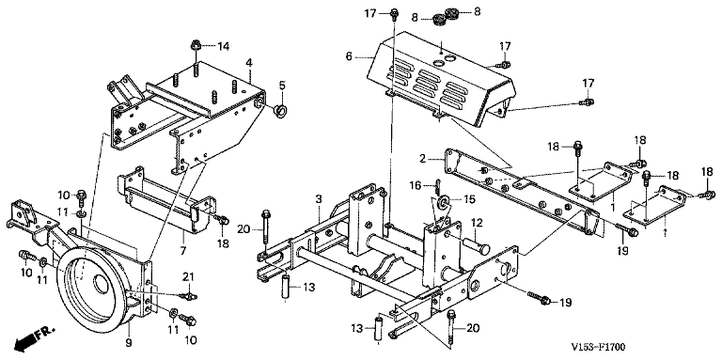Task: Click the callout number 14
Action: point(224,46)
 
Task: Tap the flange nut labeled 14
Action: point(196,45)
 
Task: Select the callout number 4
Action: point(248,62)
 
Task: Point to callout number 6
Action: point(349,56)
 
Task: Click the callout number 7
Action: point(182,251)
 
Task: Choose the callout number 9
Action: point(130,342)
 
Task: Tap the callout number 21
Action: point(189,276)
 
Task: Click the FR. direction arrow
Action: point(36,337)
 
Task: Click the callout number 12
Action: point(476,224)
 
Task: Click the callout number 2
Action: point(423,159)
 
